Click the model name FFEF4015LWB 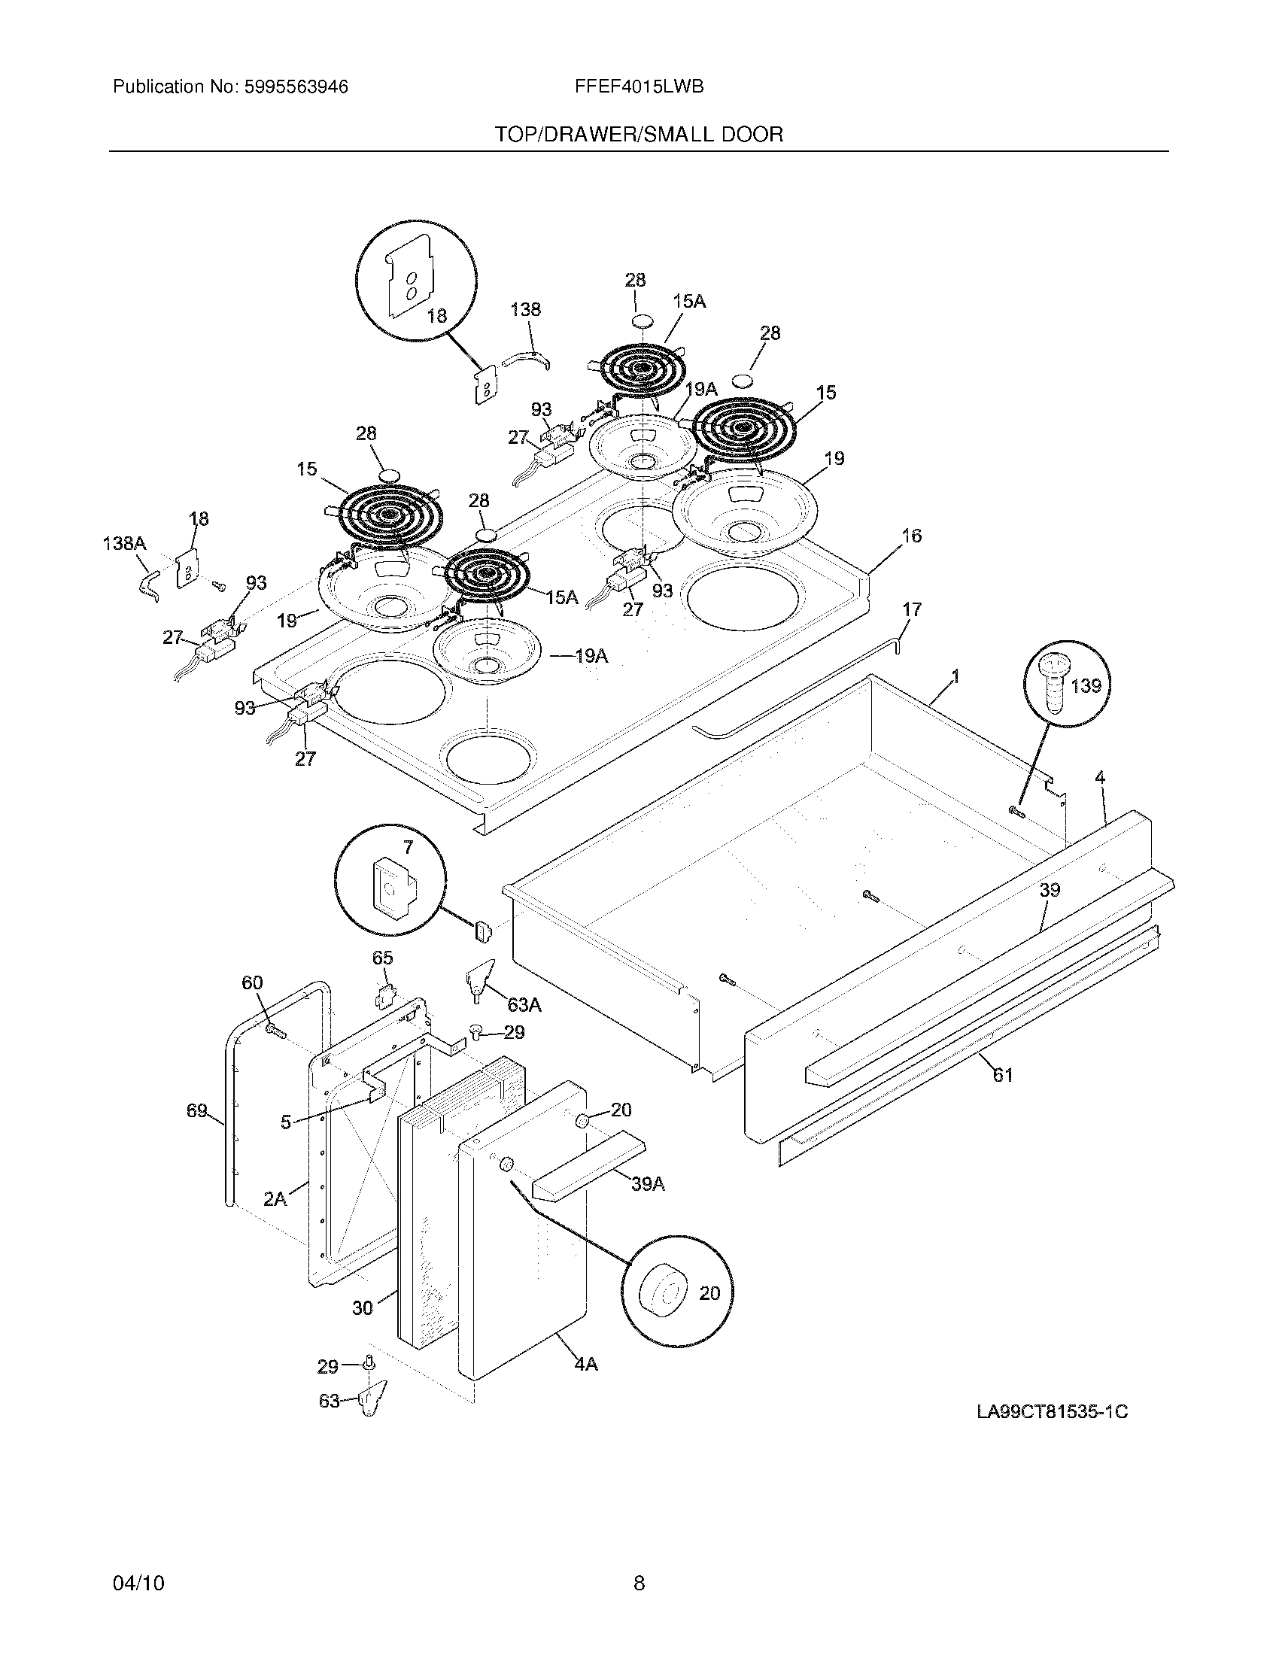(x=639, y=87)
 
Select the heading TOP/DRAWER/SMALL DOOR (x=639, y=135)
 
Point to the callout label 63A (x=524, y=1005)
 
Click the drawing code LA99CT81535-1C (x=1052, y=1413)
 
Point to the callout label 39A (x=648, y=1183)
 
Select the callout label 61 (x=1002, y=1074)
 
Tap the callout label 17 (x=912, y=609)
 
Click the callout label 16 (x=912, y=536)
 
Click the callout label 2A (x=275, y=1199)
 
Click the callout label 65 (x=383, y=958)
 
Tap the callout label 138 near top (x=525, y=309)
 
